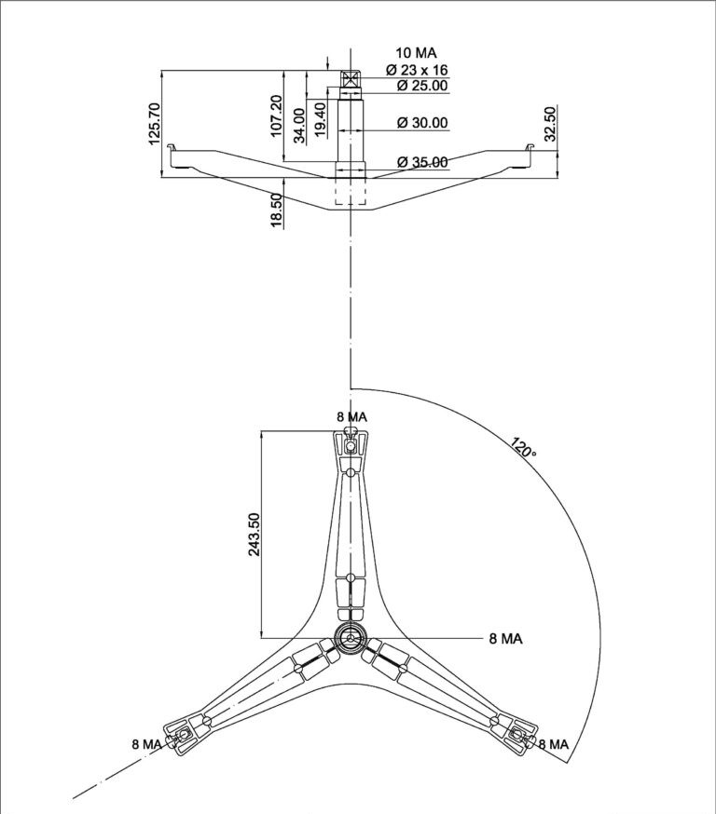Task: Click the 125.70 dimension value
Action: pos(155,124)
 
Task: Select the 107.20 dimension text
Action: pos(276,115)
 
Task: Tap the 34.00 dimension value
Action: pos(300,126)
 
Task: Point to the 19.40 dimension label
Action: pos(321,120)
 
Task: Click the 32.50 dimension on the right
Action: pos(550,124)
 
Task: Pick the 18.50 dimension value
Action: pos(277,210)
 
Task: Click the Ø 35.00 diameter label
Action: pos(422,162)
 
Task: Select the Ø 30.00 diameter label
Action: pos(422,123)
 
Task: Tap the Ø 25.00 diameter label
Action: pos(422,85)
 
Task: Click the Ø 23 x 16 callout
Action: pos(417,70)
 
